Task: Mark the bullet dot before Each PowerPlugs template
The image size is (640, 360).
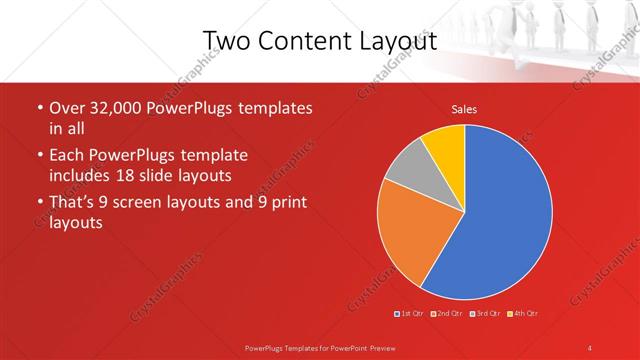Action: [x=39, y=156]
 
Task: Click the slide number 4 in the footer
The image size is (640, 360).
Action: [x=589, y=347]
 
